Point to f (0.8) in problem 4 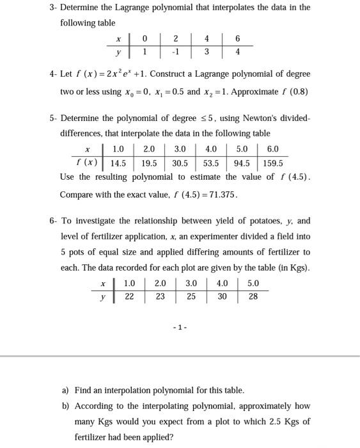[x=294, y=92]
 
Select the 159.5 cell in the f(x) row [x=272, y=163]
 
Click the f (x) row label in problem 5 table [x=84, y=163]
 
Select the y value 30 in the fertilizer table [x=222, y=297]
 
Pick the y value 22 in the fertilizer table [x=129, y=297]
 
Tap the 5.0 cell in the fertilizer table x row [x=253, y=284]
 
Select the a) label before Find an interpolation [x=65, y=390]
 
